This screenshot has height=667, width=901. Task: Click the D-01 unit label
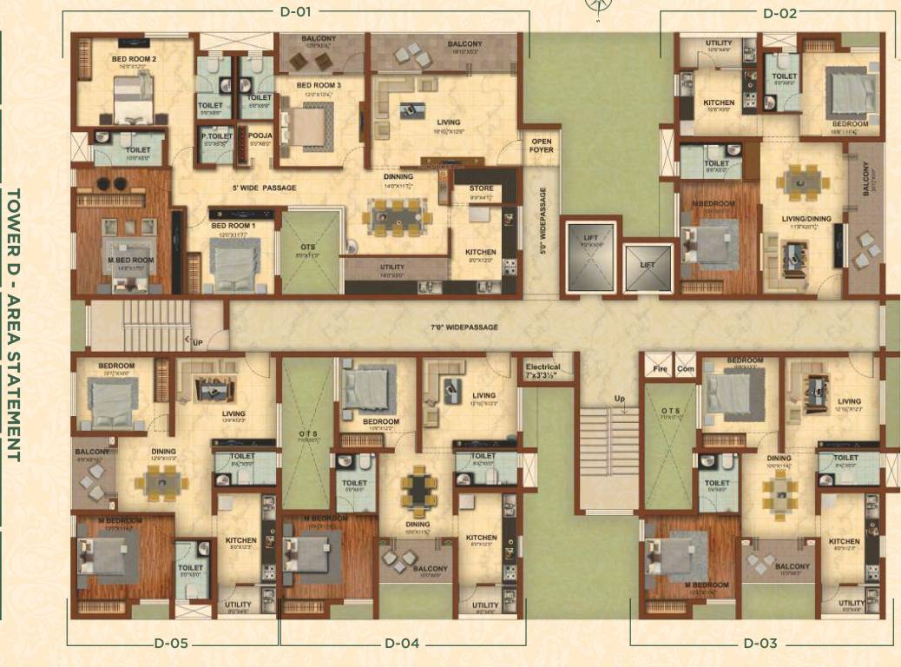[x=295, y=13]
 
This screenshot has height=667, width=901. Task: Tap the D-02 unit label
[x=779, y=13]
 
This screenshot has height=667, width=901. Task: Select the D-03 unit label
[x=760, y=644]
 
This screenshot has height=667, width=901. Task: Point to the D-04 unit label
[x=402, y=644]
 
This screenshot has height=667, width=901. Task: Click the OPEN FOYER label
[x=541, y=144]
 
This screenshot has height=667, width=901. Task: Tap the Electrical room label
[x=543, y=372]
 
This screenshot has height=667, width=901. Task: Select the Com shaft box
[x=685, y=367]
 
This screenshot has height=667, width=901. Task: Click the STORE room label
[x=481, y=188]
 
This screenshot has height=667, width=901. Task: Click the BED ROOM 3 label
[x=319, y=85]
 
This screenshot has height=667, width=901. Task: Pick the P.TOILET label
[x=214, y=135]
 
